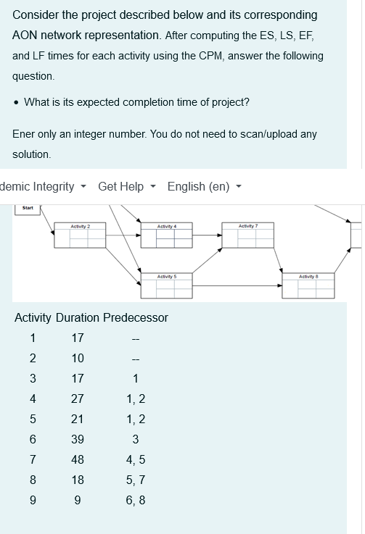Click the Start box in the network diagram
[x=28, y=208]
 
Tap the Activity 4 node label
[x=168, y=227]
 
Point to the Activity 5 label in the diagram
[x=168, y=276]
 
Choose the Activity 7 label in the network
[x=250, y=227]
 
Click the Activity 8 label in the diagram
[x=309, y=276]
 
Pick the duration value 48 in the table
[x=78, y=459]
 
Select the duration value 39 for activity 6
[x=78, y=438]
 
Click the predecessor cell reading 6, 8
[x=135, y=499]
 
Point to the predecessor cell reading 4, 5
[x=135, y=459]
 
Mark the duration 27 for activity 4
[x=78, y=398]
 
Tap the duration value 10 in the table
[x=78, y=358]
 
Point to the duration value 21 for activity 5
[x=78, y=418]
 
